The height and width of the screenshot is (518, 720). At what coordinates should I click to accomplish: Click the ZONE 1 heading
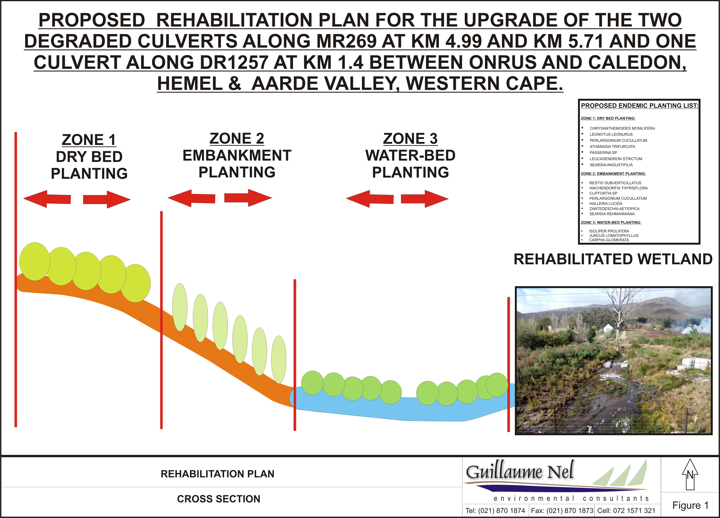pyautogui.click(x=89, y=140)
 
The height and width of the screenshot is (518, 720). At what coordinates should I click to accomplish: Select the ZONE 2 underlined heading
pyautogui.click(x=237, y=139)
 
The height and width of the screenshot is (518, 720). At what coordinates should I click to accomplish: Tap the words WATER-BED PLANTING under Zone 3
pyautogui.click(x=410, y=164)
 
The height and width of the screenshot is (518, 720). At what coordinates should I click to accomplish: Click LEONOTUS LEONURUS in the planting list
pyautogui.click(x=611, y=134)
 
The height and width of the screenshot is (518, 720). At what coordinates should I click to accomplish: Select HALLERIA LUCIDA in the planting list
pyautogui.click(x=606, y=203)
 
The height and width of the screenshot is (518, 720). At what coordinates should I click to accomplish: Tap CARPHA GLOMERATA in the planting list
pyautogui.click(x=609, y=240)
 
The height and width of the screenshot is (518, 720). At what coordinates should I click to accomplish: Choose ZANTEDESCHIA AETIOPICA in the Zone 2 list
pyautogui.click(x=614, y=209)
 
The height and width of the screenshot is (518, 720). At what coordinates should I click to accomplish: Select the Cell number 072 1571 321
pyautogui.click(x=626, y=511)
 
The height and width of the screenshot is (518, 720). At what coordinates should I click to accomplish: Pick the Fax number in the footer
pyautogui.click(x=562, y=511)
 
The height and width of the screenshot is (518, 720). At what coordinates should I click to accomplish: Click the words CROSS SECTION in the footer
pyautogui.click(x=219, y=499)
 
